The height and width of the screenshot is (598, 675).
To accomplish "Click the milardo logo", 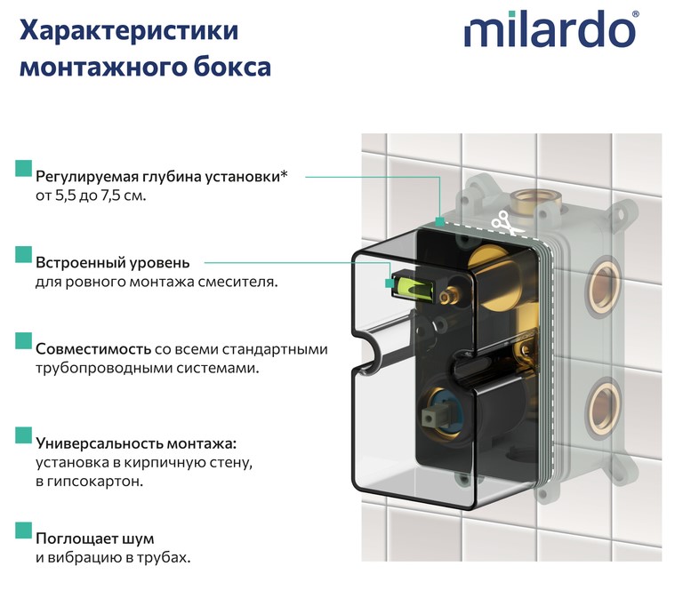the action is click(550, 29).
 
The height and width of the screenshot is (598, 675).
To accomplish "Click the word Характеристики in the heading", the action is click(129, 31).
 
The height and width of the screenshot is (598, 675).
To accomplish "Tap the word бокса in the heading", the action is click(232, 67).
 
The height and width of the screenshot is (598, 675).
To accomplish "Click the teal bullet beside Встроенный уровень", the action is click(24, 254).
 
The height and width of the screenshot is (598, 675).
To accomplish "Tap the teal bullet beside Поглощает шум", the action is click(24, 530).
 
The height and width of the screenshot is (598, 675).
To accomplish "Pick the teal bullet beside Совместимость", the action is click(24, 340).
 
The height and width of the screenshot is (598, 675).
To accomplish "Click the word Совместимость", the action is click(93, 349).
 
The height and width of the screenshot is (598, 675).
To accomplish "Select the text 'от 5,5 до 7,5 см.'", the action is click(91, 196).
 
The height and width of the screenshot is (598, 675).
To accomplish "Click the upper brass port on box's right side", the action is click(604, 287).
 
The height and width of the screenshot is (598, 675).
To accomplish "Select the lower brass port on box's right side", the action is click(602, 406).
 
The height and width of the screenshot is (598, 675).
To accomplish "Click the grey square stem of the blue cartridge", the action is click(432, 416).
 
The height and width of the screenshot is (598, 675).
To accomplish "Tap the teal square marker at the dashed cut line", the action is click(439, 222).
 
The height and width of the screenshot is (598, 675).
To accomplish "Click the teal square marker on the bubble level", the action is click(390, 283).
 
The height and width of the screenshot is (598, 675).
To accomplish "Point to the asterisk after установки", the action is click(284, 174).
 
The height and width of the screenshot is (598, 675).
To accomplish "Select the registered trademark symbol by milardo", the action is click(636, 13).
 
